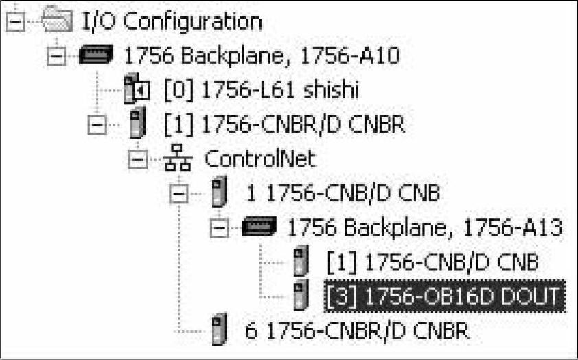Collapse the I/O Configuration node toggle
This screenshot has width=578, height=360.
click(17, 22)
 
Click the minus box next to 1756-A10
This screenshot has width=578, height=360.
click(57, 56)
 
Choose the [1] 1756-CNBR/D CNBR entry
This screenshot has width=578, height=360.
click(284, 124)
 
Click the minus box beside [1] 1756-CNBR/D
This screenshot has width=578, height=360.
click(98, 125)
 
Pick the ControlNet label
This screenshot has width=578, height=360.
click(259, 159)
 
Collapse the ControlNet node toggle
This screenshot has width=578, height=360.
click(139, 159)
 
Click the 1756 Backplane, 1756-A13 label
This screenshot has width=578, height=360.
click(426, 227)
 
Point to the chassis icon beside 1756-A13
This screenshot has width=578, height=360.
click(260, 227)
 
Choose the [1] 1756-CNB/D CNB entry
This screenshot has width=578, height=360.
click(432, 262)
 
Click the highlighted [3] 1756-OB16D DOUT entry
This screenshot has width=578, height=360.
click(443, 296)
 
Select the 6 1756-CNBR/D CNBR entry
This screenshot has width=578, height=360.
click(358, 330)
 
